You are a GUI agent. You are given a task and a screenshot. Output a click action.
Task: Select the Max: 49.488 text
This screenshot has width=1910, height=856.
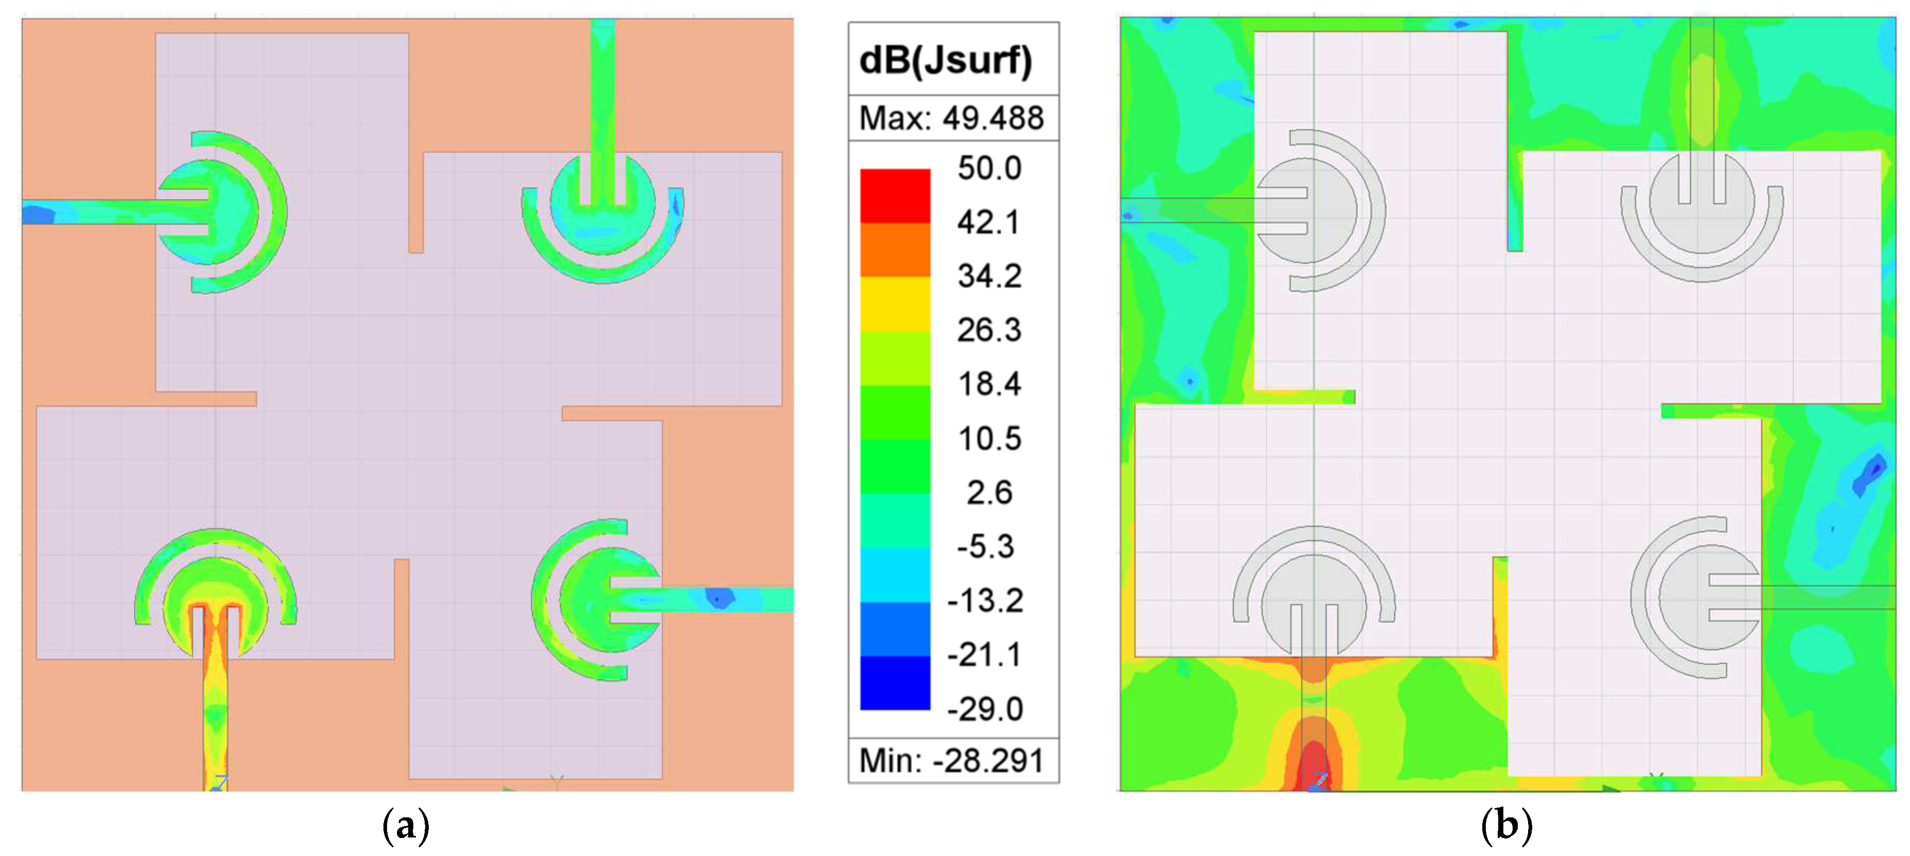point(951,118)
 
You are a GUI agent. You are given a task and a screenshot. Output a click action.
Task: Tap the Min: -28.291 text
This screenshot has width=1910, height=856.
point(951,760)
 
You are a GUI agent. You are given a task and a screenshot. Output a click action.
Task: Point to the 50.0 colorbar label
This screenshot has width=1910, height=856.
point(989,168)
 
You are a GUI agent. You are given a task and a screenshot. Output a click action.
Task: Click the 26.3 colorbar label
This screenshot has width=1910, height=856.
point(989,330)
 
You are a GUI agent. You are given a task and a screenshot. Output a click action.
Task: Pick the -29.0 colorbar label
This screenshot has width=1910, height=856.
point(985,709)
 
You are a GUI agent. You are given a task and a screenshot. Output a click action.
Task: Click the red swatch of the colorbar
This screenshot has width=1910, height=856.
point(894,196)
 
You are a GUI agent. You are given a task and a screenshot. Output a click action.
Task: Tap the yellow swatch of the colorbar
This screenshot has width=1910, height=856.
point(894,304)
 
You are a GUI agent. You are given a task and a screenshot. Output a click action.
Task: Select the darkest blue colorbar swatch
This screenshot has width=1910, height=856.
point(894,682)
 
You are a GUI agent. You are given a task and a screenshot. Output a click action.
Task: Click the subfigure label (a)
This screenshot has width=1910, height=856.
point(406,825)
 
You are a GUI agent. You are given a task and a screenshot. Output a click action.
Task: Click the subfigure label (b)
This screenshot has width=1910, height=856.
point(1506,825)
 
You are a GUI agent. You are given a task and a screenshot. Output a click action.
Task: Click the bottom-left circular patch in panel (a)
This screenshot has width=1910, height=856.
point(215,601)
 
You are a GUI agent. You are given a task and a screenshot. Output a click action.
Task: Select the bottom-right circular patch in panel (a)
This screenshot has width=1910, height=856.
point(608,599)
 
